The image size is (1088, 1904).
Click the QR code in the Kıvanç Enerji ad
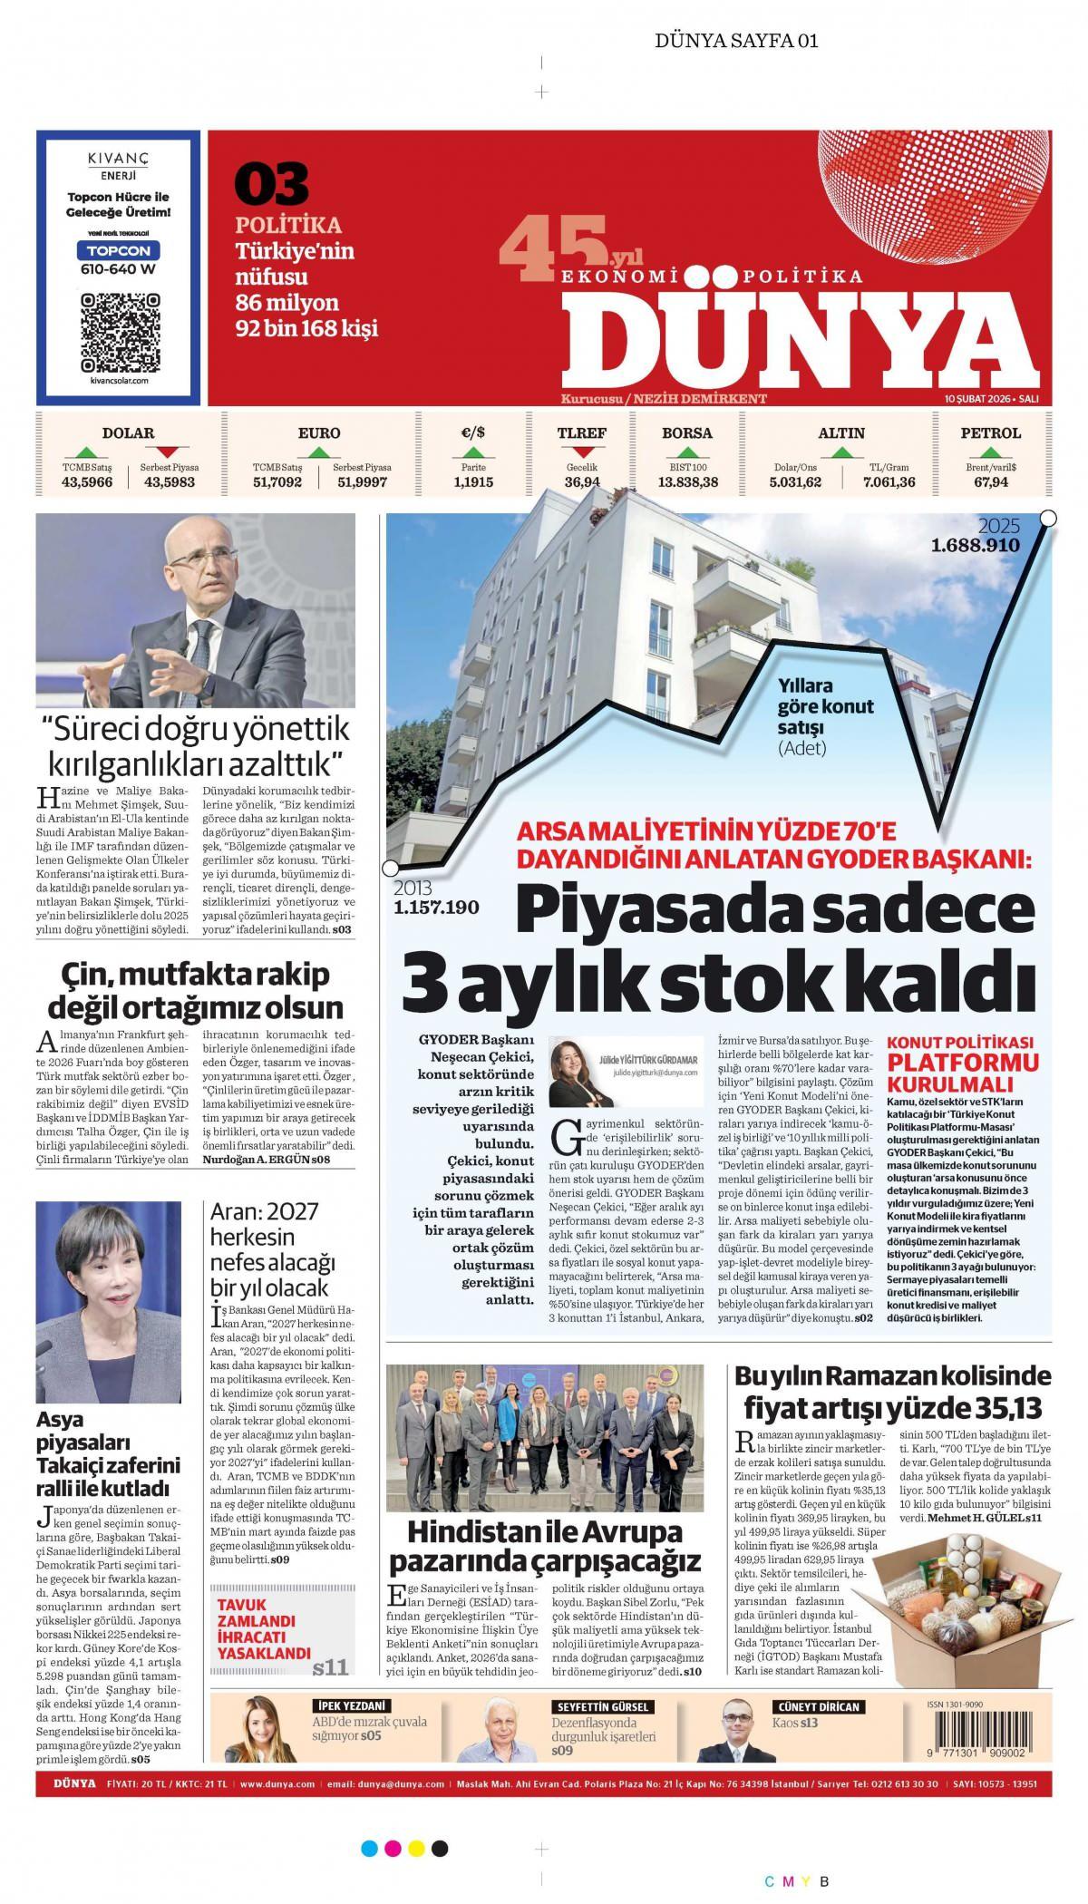(120, 331)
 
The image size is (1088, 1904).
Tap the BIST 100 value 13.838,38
(688, 482)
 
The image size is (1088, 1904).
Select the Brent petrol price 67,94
(991, 482)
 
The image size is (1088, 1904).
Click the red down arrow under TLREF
(581, 452)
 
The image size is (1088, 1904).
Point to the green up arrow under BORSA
(687, 452)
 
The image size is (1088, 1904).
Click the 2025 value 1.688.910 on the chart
(975, 546)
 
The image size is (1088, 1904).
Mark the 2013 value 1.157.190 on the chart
(436, 907)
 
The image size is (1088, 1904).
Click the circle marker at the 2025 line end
(1048, 518)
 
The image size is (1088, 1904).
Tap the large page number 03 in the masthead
(271, 184)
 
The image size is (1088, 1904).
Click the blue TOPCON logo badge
(119, 249)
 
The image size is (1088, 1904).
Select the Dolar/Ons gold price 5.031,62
(795, 482)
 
